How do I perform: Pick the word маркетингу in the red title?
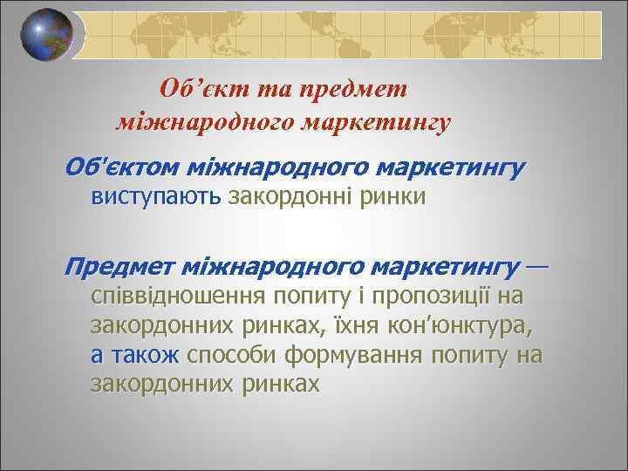[376, 122]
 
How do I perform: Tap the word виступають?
[156, 196]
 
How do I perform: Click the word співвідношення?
[179, 296]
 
